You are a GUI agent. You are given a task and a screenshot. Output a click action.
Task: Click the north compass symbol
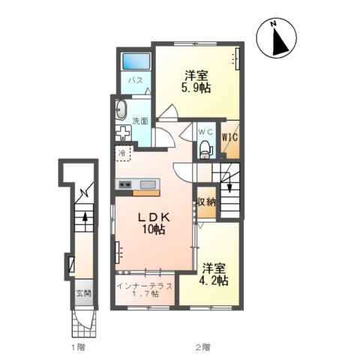[x=277, y=38]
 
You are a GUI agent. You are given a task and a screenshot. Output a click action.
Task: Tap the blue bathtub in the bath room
[x=136, y=61]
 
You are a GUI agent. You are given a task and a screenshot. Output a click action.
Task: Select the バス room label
[x=136, y=80]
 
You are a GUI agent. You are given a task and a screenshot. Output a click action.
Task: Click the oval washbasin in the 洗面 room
[x=121, y=110]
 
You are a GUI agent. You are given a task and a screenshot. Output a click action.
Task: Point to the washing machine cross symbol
[x=123, y=132]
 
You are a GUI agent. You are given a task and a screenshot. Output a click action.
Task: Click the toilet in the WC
[x=205, y=149]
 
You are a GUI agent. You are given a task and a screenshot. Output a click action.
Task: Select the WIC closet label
[x=229, y=137]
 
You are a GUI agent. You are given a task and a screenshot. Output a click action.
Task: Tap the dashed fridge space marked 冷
[x=122, y=153]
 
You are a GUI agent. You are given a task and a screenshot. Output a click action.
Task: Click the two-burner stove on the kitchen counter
[x=125, y=184]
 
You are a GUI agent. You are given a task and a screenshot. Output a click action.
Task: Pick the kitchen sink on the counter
[x=148, y=184]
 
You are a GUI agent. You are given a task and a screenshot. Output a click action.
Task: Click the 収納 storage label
[x=206, y=202]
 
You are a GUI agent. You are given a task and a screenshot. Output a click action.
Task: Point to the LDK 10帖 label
[x=154, y=223]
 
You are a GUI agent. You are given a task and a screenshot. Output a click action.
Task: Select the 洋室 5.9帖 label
[x=196, y=82]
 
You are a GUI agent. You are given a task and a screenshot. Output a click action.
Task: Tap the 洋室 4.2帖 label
[x=214, y=274]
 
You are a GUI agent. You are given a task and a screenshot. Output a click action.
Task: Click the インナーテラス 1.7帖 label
[x=145, y=289]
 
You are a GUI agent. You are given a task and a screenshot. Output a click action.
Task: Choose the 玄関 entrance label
[x=84, y=293]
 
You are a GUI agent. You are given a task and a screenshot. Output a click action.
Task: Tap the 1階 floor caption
[x=78, y=347]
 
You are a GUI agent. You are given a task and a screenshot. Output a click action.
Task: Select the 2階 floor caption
[x=203, y=347]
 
